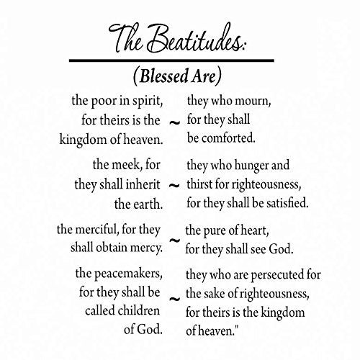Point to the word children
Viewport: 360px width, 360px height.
138,311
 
